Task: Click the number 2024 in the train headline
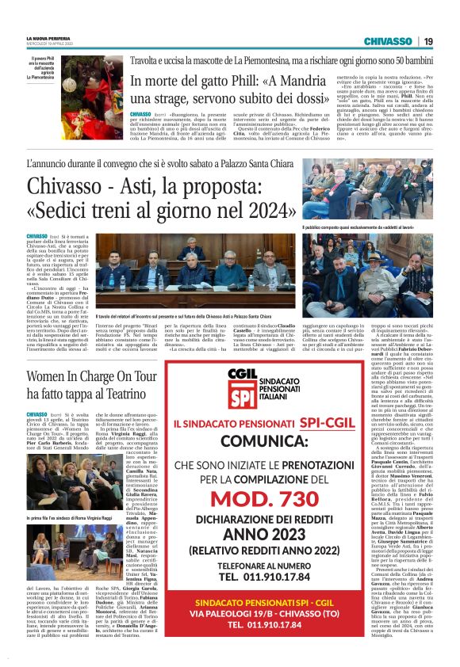click(262, 212)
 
